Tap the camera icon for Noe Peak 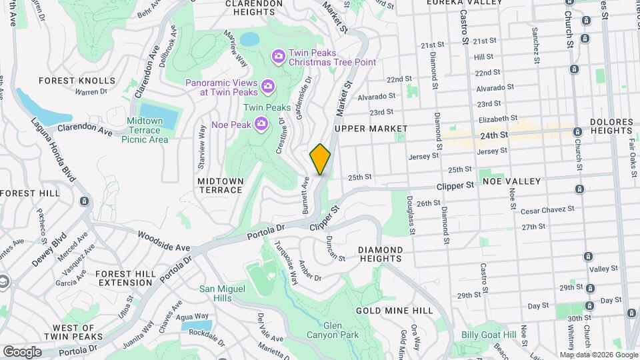[x=262, y=123]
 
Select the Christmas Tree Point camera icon [x=279, y=55]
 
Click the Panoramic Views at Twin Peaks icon [x=268, y=85]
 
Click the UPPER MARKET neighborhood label [x=371, y=128]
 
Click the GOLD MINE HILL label [x=395, y=311]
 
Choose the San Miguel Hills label [x=223, y=293]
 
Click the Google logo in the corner [x=22, y=351]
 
